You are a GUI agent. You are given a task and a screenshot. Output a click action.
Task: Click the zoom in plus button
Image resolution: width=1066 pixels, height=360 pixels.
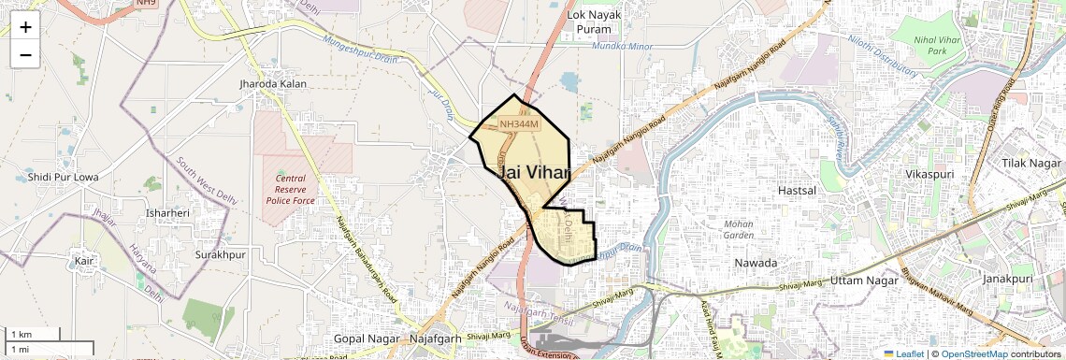click(25, 27)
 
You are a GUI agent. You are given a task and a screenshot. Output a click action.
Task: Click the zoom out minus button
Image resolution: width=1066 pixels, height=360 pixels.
click(25, 54)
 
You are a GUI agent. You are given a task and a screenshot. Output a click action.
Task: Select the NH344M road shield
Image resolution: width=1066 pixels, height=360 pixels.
click(519, 123)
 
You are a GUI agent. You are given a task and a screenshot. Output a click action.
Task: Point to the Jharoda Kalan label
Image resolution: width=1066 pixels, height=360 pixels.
click(273, 84)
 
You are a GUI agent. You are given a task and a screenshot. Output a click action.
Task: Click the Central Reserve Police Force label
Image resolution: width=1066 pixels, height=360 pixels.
click(290, 189)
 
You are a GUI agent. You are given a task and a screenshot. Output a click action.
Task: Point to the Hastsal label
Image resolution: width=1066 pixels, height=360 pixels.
click(798, 190)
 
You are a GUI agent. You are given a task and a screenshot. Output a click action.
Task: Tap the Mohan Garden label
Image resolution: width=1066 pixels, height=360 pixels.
click(739, 229)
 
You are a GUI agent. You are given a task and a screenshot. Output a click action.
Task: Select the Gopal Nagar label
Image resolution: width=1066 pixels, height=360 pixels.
click(367, 338)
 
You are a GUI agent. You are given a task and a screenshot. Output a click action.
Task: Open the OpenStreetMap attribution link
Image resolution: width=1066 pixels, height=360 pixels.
click(973, 353)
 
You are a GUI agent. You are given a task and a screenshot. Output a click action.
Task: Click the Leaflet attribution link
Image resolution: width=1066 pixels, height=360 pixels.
click(903, 353)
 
